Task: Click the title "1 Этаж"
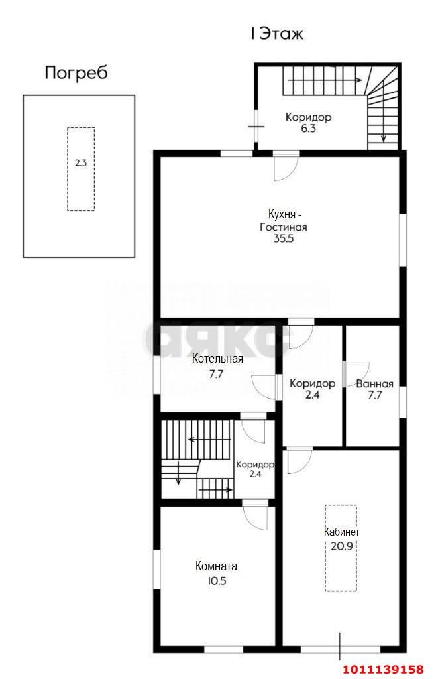coord(277,34)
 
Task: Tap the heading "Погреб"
coord(76,73)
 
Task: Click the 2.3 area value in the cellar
coord(81,163)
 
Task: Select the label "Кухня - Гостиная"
coord(283,220)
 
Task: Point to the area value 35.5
coord(284,239)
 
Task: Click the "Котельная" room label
coord(217,359)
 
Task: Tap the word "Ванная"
coord(374,384)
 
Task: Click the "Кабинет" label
coord(342,532)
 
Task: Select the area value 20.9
coord(342,546)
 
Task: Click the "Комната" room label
coord(216,566)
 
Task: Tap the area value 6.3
coord(308,129)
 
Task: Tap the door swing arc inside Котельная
coord(258,392)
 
